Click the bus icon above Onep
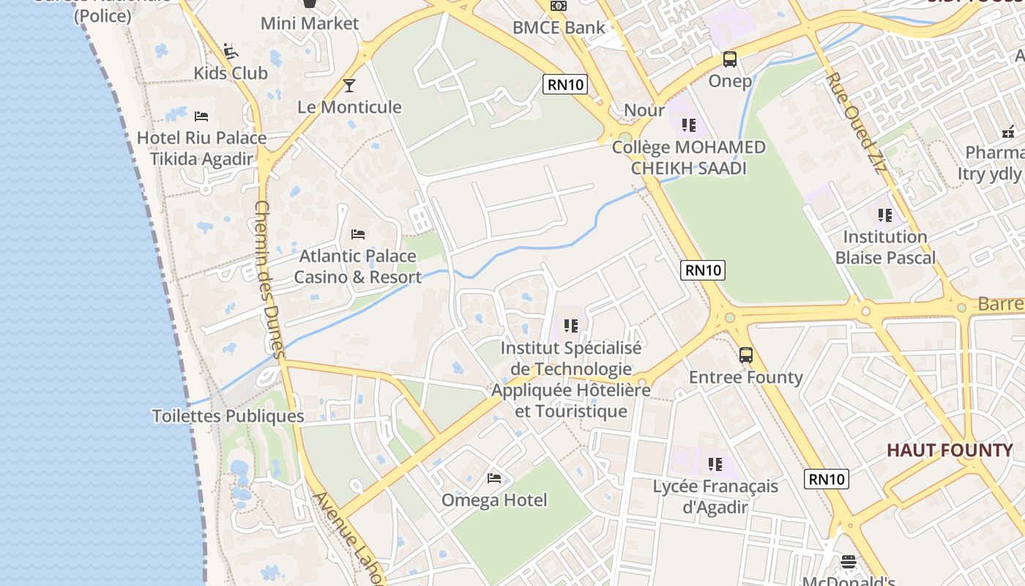pos(729,59)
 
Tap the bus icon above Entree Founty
pos(745,355)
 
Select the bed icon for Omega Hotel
pos(494,478)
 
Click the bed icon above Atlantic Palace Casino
pos(358,234)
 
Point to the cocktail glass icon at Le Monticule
pos(349,86)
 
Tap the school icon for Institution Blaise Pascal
pos(884,215)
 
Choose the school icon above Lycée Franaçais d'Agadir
pos(715,464)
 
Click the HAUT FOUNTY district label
pos(950,450)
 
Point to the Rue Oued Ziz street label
pos(855,122)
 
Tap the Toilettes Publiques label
pos(228,416)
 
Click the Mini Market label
pos(310,23)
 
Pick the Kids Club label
pos(231,73)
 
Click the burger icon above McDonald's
pos(849,562)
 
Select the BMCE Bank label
pos(559,28)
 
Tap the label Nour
pos(644,111)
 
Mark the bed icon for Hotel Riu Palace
pos(201,116)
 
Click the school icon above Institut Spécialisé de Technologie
pos(571,325)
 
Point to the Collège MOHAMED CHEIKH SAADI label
pos(688,157)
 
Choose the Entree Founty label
pos(745,377)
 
